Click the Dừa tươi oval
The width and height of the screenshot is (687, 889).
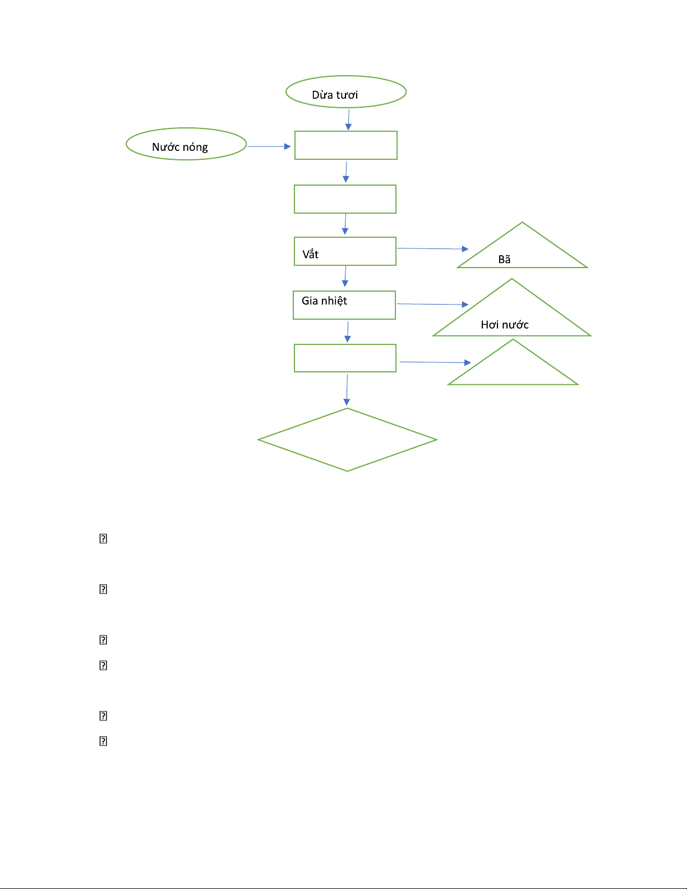(345, 92)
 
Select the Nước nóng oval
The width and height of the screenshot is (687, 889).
(186, 144)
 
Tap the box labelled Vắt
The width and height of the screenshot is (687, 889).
(345, 251)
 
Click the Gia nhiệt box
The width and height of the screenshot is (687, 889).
(344, 305)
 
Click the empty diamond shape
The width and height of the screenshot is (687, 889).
(347, 440)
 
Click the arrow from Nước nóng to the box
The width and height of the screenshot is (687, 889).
(269, 146)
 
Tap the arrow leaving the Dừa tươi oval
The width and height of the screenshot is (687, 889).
(348, 119)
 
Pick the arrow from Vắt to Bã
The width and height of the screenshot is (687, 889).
(432, 248)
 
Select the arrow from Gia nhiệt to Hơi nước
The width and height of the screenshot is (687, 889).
(432, 304)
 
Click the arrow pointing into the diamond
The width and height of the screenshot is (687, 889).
(347, 389)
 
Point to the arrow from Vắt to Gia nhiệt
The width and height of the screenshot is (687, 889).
(345, 276)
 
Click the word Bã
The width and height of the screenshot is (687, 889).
(504, 259)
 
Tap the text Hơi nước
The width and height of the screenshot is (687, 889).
(504, 325)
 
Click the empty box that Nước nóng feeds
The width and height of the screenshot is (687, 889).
(345, 145)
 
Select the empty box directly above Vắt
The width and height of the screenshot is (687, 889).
(345, 199)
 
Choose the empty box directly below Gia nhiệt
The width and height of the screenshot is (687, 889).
(345, 358)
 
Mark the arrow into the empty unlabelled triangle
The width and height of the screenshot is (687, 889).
(435, 362)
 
